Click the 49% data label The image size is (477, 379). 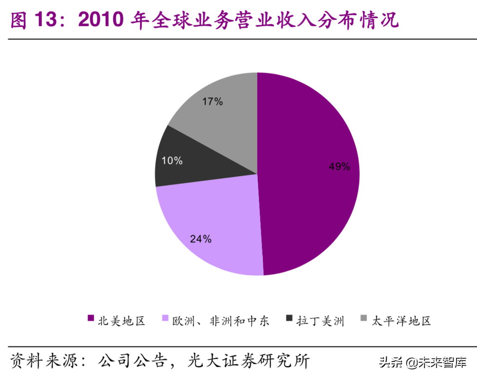pos(339,167)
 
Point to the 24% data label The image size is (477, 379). pos(200,239)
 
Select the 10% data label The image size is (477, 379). pos(172,161)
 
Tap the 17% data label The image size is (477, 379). pos(212,101)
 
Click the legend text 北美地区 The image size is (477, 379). pos(121,321)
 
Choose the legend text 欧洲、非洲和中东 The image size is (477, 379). pos(220,321)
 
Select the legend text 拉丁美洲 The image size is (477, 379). pos(320,321)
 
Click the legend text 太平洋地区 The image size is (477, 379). pos(401,321)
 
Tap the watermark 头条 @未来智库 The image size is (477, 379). pos(422,362)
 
